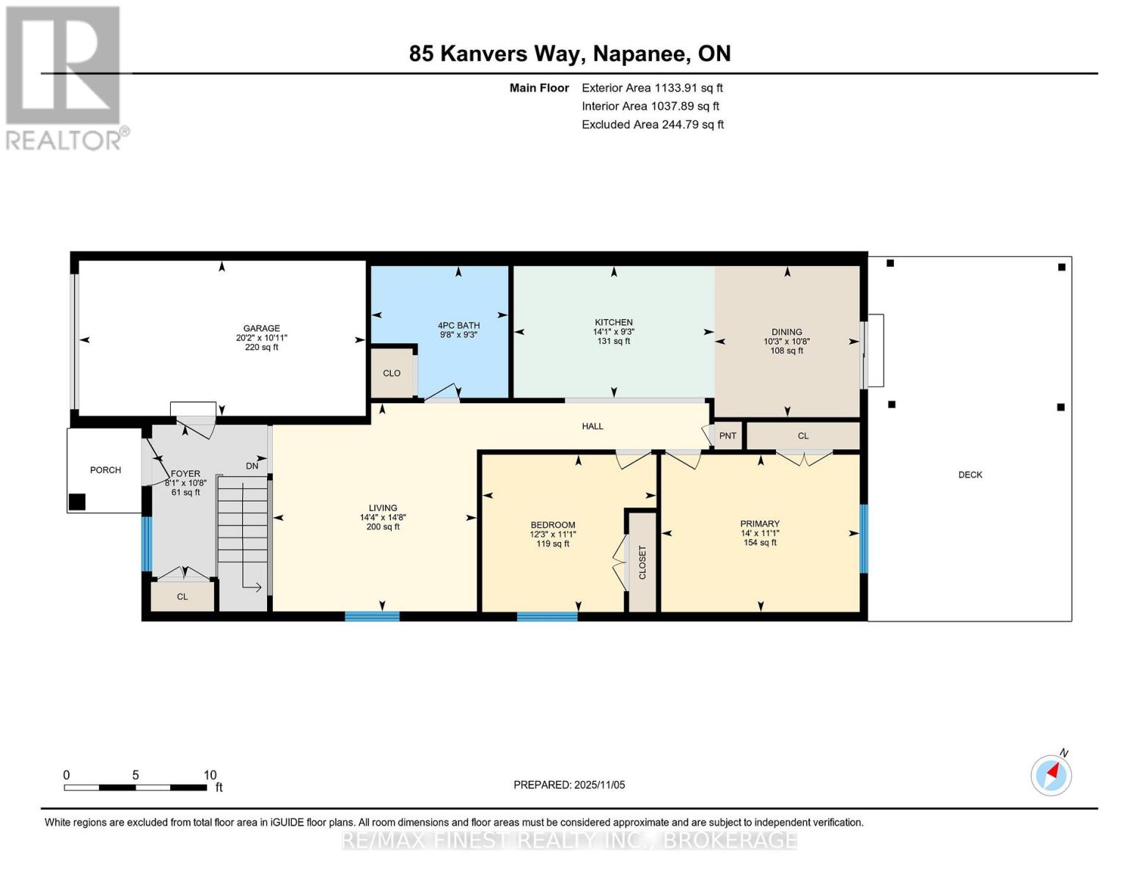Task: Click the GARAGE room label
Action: pyautogui.click(x=261, y=329)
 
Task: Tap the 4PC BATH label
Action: pyautogui.click(x=458, y=326)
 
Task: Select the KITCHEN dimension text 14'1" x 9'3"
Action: pyautogui.click(x=613, y=331)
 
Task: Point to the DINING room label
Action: pyautogui.click(x=786, y=331)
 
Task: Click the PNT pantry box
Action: pyautogui.click(x=728, y=436)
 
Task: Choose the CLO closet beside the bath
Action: pyautogui.click(x=392, y=373)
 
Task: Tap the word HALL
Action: pyautogui.click(x=593, y=426)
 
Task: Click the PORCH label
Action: pyautogui.click(x=106, y=470)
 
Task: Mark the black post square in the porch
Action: pyautogui.click(x=77, y=502)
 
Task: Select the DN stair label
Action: pyautogui.click(x=252, y=466)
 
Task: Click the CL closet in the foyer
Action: pyautogui.click(x=182, y=597)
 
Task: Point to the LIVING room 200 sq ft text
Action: pyautogui.click(x=383, y=527)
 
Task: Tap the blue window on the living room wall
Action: pyautogui.click(x=372, y=616)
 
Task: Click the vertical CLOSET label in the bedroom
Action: pyautogui.click(x=642, y=562)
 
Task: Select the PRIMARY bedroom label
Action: pyautogui.click(x=759, y=524)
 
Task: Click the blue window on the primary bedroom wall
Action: pyautogui.click(x=863, y=538)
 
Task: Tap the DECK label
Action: pyautogui.click(x=970, y=474)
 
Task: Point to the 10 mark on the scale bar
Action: pyautogui.click(x=210, y=775)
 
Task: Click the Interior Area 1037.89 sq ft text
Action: pyautogui.click(x=651, y=106)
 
